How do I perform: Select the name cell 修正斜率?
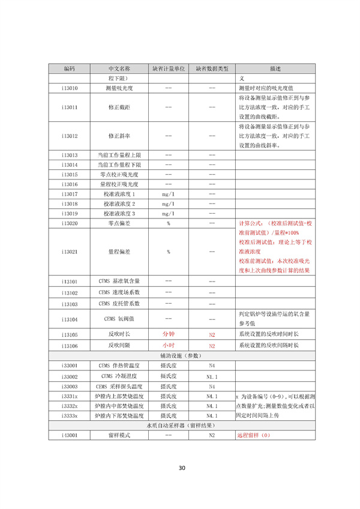(120, 136)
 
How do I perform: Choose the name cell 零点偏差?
(120, 223)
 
